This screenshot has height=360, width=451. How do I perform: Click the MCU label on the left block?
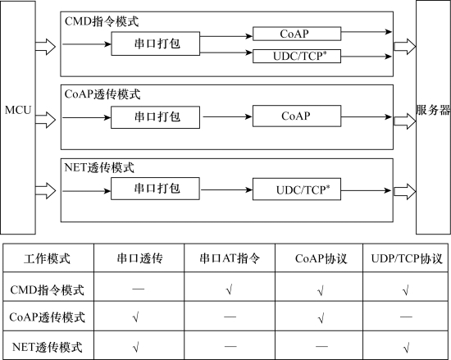coord(18,110)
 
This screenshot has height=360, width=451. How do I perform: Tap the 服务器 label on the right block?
coord(433,110)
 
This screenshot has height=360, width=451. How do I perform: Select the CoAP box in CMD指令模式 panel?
coord(297,34)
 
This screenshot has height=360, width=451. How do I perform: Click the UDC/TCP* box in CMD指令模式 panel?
coord(297,56)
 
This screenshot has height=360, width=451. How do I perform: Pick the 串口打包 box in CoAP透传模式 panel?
coord(155,117)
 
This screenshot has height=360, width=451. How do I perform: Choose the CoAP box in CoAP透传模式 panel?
coord(297,116)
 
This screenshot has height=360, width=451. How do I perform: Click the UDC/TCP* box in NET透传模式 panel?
coord(297,189)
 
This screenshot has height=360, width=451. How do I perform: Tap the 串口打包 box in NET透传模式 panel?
coord(155,189)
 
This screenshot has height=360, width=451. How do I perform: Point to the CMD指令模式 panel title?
coord(102,21)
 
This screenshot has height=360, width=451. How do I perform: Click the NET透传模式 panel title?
coord(99,167)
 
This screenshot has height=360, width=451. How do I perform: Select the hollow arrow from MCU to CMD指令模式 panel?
coord(45,46)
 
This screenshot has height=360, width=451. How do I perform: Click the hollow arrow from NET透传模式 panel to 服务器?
coord(405,192)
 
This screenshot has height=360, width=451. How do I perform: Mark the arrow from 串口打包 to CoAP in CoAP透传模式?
coord(227,116)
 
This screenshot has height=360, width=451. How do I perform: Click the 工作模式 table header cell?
coord(47,258)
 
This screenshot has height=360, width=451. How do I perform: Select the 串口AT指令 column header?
coord(230,258)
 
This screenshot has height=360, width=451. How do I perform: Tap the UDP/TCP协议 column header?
coord(407,258)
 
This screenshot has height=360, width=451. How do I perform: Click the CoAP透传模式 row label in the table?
coord(48,317)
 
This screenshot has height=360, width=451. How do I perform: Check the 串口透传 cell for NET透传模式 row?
coord(136,348)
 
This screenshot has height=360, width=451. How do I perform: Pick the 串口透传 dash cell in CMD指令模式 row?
coord(139,289)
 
